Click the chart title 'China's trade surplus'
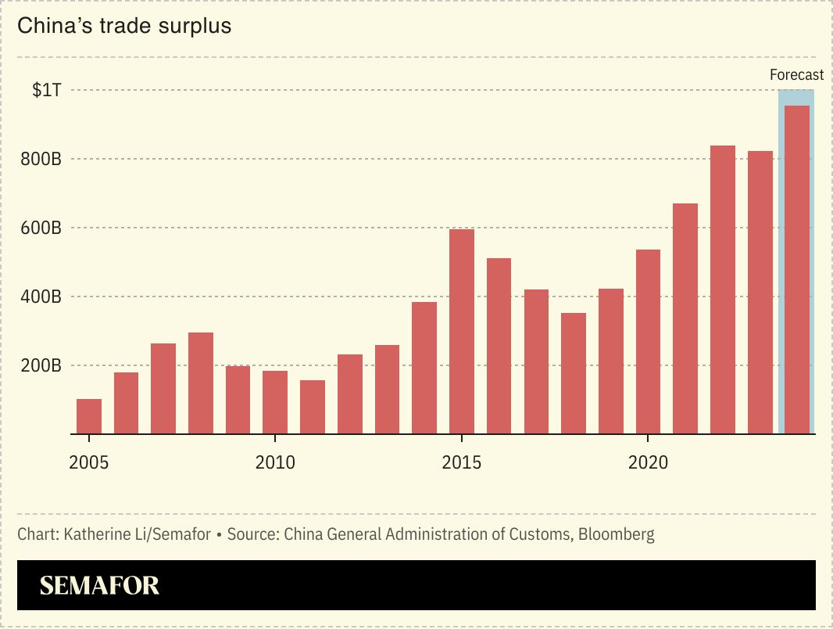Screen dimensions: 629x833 (124, 26)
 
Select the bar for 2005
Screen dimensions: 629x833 (89, 416)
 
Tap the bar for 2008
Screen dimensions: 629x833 (201, 383)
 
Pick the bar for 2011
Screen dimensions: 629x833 (313, 407)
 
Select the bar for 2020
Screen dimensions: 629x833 (648, 341)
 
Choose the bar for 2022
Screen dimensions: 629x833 (723, 289)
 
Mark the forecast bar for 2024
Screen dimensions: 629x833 (797, 269)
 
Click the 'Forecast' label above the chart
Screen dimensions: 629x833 (796, 75)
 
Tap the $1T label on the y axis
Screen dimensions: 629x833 (46, 90)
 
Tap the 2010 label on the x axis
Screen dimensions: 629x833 (275, 462)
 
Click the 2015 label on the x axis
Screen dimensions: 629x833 (462, 462)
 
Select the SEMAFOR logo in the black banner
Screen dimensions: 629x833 (99, 586)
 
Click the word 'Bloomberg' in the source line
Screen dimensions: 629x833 (617, 535)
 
